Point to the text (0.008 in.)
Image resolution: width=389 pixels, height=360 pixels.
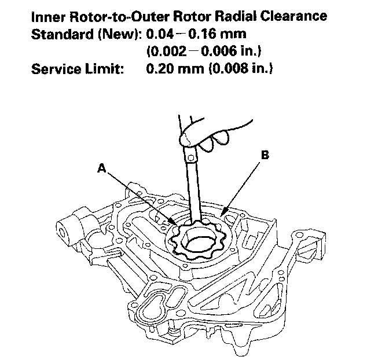[x=237, y=69]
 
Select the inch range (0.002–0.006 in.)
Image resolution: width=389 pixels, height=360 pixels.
[x=198, y=51]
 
